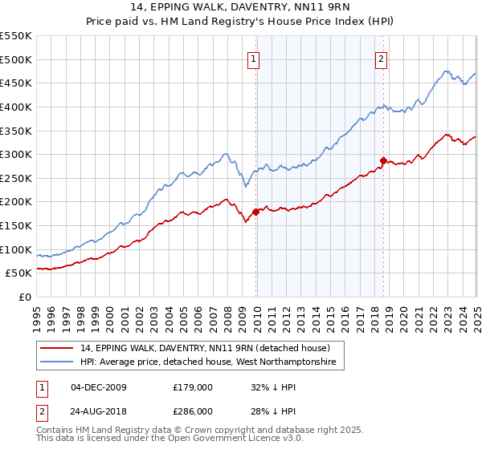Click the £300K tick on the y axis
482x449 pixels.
pos(16,154)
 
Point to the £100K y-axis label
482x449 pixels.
pos(16,249)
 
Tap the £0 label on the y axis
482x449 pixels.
pos(24,297)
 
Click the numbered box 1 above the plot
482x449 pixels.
pos(254,58)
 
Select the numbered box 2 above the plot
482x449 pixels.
pos(381,58)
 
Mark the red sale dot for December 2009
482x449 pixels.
pos(256,212)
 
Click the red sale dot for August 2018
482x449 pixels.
pos(384,160)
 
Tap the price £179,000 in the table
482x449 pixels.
pos(193,387)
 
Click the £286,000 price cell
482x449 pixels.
pos(193,411)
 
